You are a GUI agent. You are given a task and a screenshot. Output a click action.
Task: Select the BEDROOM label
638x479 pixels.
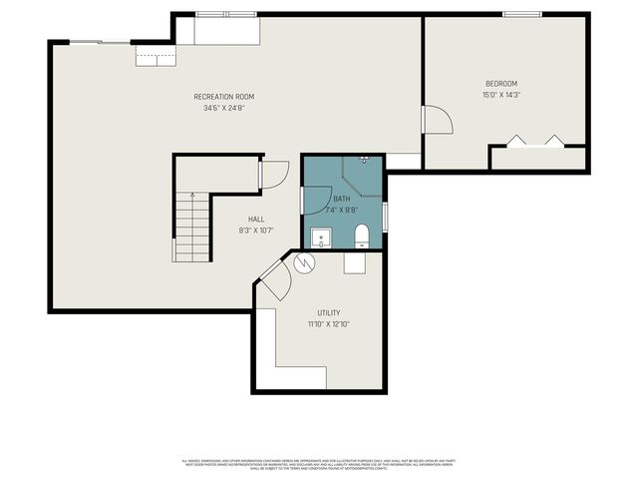tap(501, 84)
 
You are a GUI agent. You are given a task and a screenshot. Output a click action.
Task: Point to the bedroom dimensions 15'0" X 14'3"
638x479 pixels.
tap(501, 95)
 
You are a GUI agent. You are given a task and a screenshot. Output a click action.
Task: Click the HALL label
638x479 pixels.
tap(256, 219)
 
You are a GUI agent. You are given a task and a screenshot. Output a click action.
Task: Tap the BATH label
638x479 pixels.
tap(342, 200)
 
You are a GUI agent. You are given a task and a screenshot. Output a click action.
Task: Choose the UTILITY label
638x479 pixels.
tap(329, 312)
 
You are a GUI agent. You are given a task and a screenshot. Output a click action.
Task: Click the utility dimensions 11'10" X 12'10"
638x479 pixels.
tap(329, 324)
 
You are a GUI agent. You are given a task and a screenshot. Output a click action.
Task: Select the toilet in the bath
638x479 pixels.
tap(362, 236)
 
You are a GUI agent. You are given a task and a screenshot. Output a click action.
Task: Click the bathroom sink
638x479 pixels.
tap(320, 239)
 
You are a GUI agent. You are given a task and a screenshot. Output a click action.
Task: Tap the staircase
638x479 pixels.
tap(191, 227)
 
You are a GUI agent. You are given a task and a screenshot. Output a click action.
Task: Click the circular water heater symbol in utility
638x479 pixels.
tap(304, 263)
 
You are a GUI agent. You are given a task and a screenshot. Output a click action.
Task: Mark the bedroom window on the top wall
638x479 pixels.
tap(521, 14)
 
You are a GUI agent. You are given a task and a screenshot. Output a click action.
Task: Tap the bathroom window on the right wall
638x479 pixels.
tap(385, 216)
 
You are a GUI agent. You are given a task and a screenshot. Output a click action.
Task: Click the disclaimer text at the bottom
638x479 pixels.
tap(319, 463)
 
